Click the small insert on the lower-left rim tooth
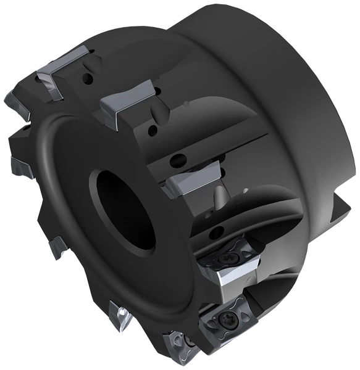point(61,250)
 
